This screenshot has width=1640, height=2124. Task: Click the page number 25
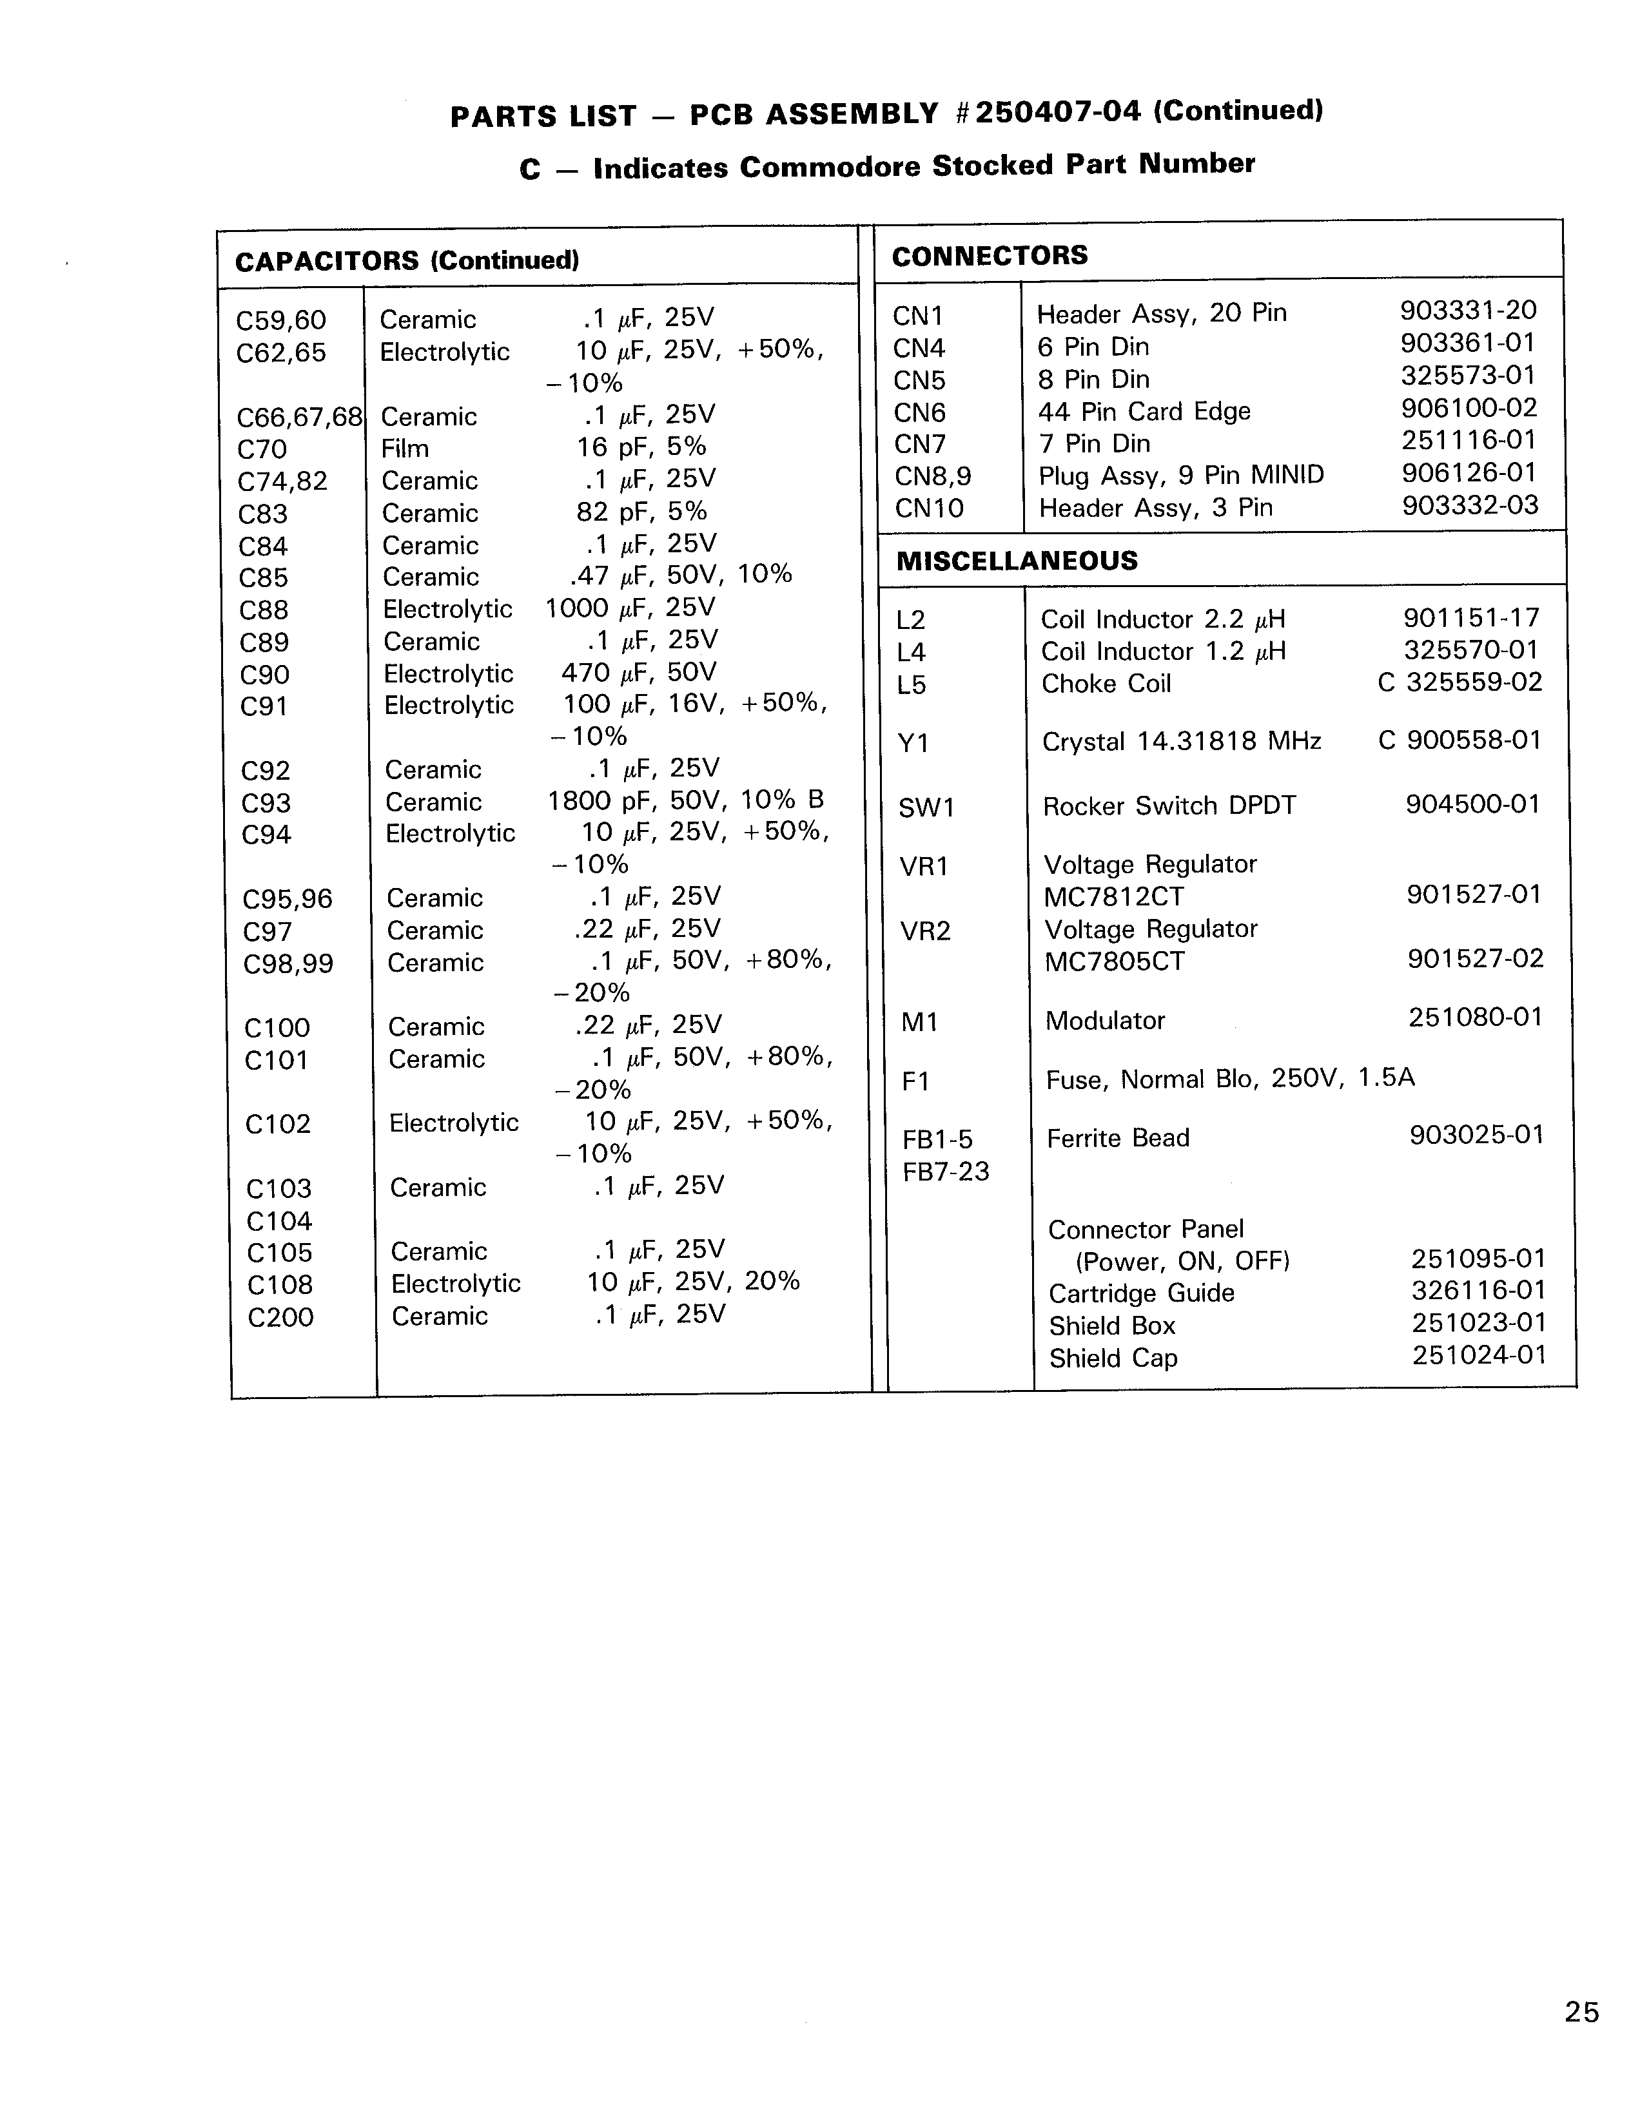(1581, 2012)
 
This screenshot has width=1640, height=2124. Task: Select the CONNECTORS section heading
(990, 256)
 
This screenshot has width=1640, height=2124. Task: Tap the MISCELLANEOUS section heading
(1017, 561)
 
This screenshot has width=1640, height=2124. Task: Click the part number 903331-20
(1468, 310)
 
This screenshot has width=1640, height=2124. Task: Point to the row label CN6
(919, 412)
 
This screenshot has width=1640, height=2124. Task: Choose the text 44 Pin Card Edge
(1144, 411)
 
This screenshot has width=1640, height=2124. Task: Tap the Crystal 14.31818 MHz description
(1181, 742)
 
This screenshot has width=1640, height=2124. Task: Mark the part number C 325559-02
(1459, 682)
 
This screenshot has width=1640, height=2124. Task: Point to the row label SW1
(926, 808)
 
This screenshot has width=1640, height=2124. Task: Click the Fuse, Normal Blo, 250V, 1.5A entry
(1229, 1079)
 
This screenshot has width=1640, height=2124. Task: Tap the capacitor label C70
(262, 449)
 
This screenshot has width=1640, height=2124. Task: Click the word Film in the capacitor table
(405, 449)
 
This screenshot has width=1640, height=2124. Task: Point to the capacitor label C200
(280, 1318)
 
